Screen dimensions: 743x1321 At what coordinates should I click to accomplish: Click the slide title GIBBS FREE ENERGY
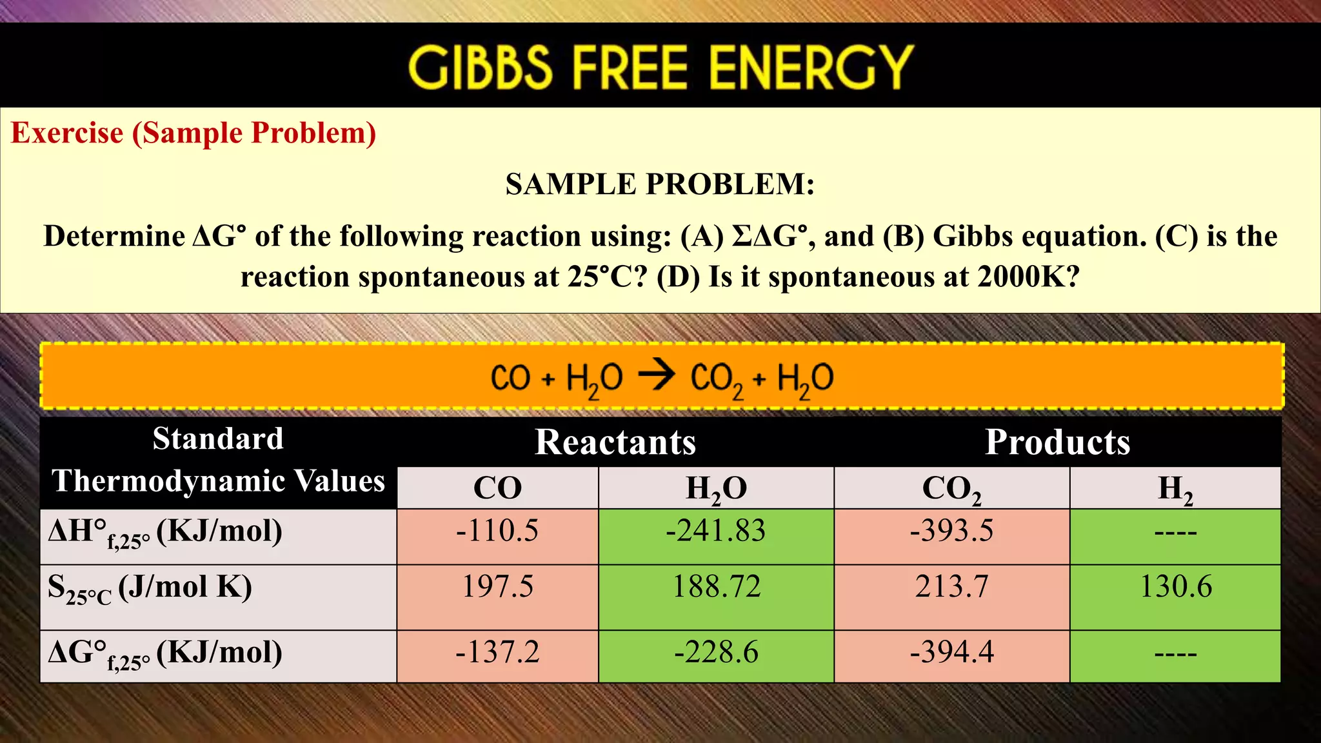[x=660, y=66]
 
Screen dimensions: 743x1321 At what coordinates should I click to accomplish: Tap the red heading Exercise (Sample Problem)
[x=194, y=134]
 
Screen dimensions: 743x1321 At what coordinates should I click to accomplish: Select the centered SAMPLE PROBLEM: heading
[x=660, y=184]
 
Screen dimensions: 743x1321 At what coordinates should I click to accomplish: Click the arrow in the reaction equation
[x=657, y=375]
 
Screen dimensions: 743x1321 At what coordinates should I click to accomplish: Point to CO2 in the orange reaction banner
[x=716, y=379]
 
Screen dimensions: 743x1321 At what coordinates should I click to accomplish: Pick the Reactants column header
[x=615, y=442]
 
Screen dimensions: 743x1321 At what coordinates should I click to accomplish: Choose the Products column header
[x=1057, y=442]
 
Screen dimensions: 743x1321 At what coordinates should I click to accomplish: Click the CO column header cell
[x=497, y=488]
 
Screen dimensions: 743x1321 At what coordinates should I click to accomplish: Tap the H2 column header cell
[x=1175, y=488]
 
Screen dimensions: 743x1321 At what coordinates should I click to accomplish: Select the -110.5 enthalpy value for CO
[x=497, y=531]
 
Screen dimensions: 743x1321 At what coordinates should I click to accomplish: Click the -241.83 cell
[x=716, y=531]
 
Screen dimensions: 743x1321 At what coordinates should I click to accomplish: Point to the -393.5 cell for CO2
[x=951, y=531]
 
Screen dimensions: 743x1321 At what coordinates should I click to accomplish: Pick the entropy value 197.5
[x=497, y=587]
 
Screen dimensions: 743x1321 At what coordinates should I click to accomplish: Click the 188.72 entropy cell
[x=716, y=587]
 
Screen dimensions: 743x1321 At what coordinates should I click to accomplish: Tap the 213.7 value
[x=951, y=587]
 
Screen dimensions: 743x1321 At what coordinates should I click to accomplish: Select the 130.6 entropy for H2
[x=1175, y=587]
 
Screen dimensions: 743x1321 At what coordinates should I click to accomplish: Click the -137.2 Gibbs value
[x=497, y=653]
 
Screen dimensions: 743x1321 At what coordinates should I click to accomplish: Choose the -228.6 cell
[x=716, y=653]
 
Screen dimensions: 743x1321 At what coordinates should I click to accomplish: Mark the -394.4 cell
[x=951, y=653]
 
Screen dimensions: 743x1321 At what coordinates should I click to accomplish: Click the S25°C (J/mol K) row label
[x=150, y=588]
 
